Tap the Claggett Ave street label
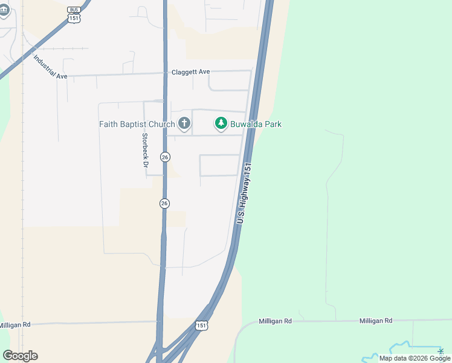(x=190, y=71)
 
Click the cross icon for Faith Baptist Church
(x=184, y=124)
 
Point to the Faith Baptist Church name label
(x=138, y=125)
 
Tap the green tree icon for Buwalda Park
(x=221, y=124)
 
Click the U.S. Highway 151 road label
(x=244, y=194)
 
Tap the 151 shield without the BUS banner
(x=202, y=325)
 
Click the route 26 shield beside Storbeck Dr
(x=165, y=157)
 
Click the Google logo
(x=20, y=356)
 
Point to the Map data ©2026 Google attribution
(x=415, y=358)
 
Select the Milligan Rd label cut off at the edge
(x=15, y=325)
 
